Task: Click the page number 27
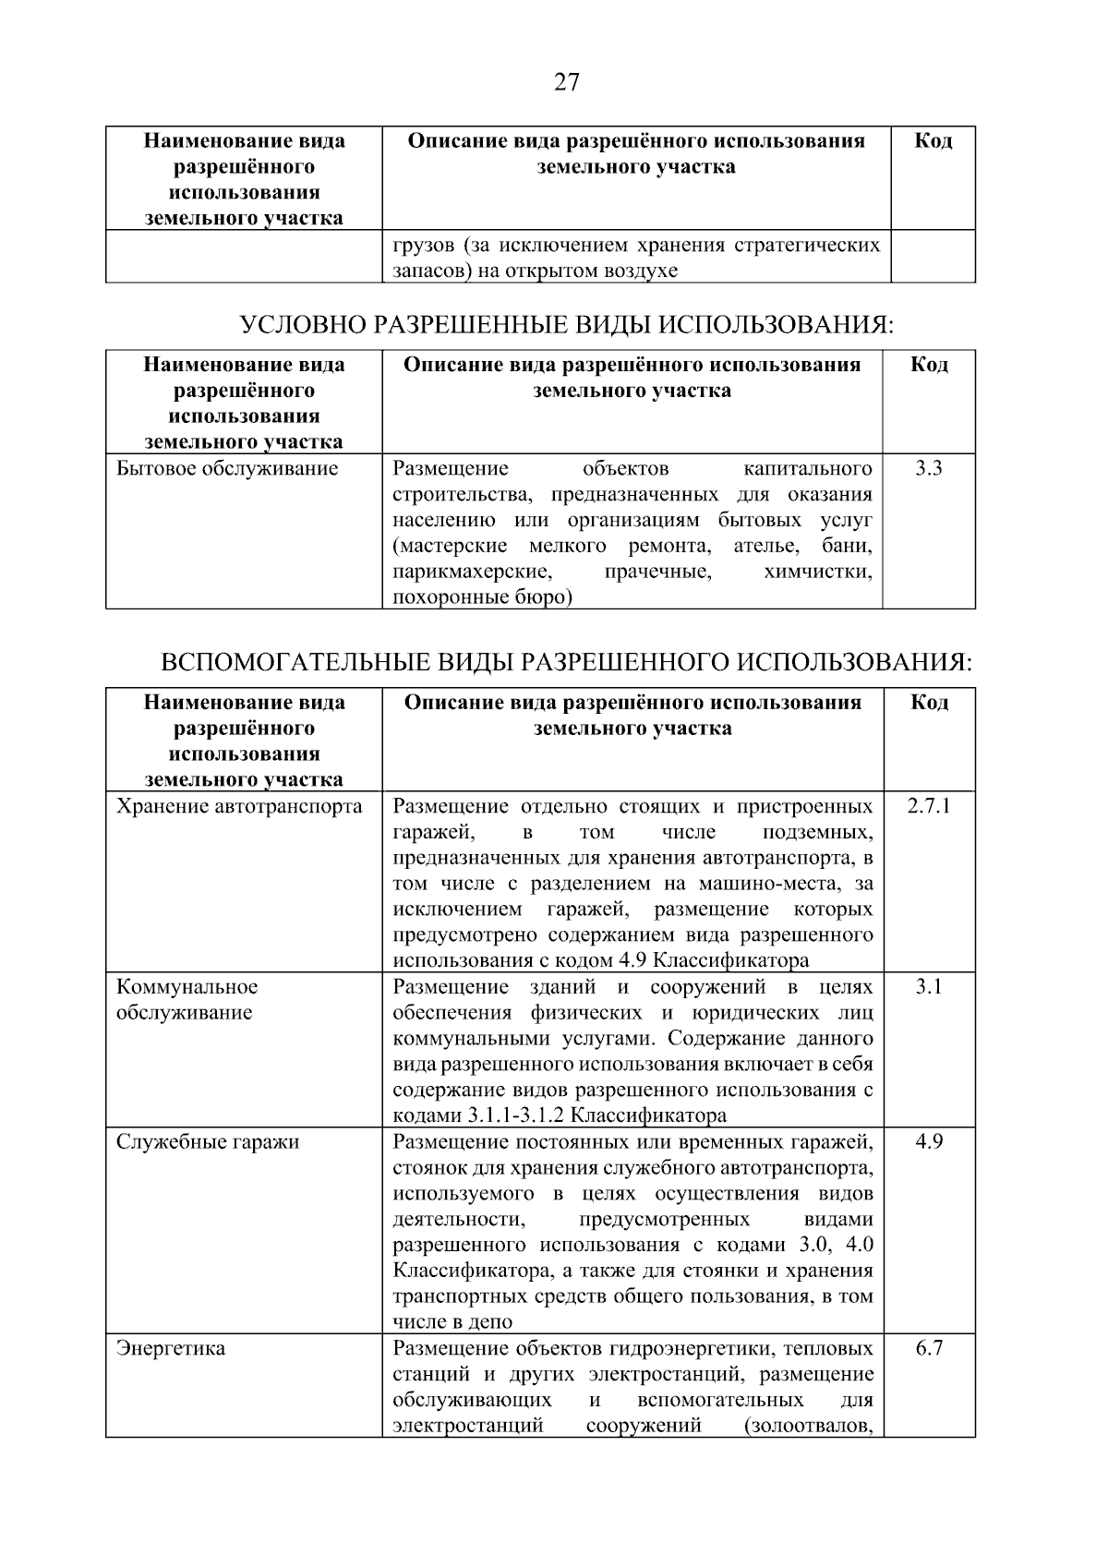pos(566,83)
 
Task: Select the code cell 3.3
pos(928,468)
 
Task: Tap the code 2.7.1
pos(928,806)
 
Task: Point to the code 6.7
pos(929,1348)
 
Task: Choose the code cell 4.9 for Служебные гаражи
pos(929,1141)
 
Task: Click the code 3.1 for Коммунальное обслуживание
pos(929,986)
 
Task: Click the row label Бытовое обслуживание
pos(227,468)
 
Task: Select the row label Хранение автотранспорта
pos(239,806)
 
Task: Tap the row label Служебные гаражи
pos(208,1141)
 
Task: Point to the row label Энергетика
pos(170,1348)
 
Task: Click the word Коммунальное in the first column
pos(187,986)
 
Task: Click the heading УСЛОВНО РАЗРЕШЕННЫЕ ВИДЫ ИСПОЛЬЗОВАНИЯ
pos(567,324)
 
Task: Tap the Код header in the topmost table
pos(933,141)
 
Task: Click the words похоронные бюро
pos(482,597)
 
